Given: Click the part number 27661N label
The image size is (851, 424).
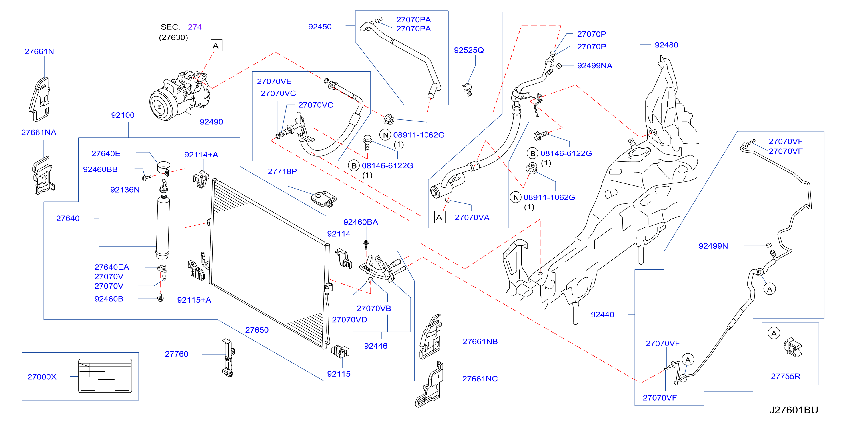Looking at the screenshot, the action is pos(39,51).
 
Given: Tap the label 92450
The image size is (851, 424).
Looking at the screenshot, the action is pos(320,27).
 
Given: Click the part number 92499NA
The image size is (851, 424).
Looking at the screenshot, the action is pos(595,66).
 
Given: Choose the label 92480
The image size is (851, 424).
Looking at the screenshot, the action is pos(666,45).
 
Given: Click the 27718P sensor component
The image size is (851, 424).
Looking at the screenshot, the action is pos(324,199).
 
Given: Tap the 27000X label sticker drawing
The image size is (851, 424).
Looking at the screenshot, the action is pos(105,376).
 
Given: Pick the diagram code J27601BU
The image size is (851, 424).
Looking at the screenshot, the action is pos(794,410).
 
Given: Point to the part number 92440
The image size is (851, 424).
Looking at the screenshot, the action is pos(602,315).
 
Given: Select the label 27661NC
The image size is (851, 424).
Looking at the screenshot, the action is pos(480,379).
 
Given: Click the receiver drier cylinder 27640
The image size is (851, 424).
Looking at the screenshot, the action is pos(163,227).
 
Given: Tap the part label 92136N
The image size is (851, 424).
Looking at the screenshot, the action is pos(125,190).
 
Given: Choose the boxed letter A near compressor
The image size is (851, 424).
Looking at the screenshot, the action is pos(216,46).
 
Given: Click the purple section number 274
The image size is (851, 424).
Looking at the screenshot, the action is pos(195,27).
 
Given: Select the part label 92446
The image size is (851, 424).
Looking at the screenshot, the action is pos(376,346).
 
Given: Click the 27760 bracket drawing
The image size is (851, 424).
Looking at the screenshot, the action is pos(228,358).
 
